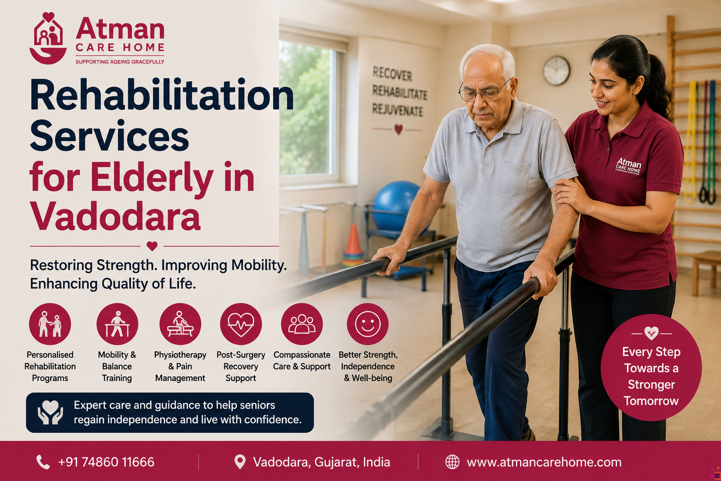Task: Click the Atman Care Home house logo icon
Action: [48, 38]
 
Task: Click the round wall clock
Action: [556, 70]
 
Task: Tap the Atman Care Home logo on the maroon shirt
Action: [628, 166]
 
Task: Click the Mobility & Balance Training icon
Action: [117, 324]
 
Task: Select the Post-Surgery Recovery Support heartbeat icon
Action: [241, 324]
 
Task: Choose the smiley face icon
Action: [368, 324]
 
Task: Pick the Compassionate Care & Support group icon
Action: [302, 324]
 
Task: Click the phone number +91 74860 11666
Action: [106, 462]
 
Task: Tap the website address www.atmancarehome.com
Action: [544, 462]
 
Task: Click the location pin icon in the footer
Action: [240, 462]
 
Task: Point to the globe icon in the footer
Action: [452, 462]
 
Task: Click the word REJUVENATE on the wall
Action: [398, 110]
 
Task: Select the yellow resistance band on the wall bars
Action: [691, 142]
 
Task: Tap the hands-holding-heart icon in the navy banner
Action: [50, 412]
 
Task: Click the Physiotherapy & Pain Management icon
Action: [180, 324]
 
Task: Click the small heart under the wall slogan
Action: [399, 129]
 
